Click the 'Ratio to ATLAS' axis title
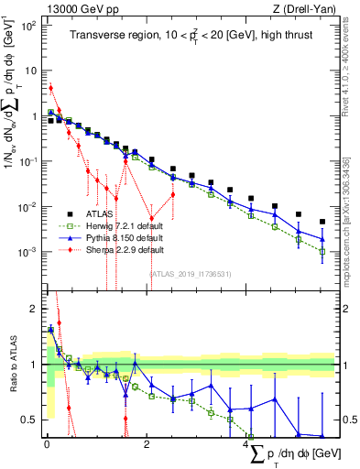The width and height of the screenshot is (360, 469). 10,365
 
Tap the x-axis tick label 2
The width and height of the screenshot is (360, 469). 147,445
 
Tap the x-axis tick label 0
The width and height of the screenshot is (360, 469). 47,445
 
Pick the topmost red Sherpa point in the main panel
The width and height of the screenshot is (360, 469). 51,88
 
